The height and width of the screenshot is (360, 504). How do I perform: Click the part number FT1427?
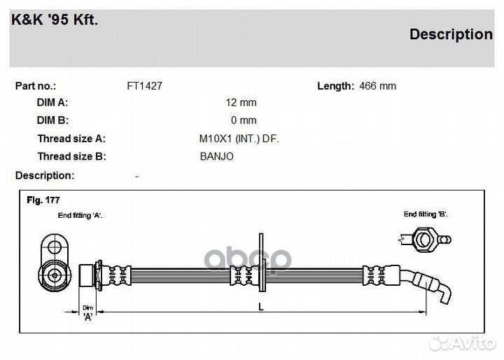145,86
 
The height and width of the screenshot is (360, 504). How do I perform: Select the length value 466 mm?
378,86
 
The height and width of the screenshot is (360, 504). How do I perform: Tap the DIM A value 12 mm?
241,103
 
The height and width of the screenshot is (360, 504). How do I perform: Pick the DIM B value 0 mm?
244,120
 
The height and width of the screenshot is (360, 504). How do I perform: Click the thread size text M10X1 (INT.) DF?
239,139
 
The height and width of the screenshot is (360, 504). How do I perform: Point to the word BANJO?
216,156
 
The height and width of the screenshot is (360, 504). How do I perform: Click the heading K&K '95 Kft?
55,20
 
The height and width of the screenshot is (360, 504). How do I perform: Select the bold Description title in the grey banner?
451,34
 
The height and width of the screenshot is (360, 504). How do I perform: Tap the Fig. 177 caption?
43,200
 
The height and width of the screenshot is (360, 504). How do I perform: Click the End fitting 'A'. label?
80,215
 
